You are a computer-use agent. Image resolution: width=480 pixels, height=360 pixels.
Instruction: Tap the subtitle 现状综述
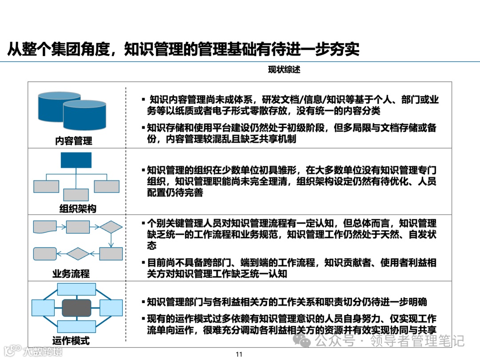click(284, 70)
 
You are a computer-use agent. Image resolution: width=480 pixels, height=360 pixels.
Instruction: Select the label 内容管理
click(74, 141)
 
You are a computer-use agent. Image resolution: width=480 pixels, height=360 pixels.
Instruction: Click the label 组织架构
click(78, 208)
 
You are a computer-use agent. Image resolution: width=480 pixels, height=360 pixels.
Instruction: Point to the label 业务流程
click(71, 274)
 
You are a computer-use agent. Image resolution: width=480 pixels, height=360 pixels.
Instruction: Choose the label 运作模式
click(71, 341)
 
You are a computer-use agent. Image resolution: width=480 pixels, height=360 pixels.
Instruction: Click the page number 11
click(239, 354)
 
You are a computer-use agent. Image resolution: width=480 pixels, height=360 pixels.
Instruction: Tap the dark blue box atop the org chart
click(76, 160)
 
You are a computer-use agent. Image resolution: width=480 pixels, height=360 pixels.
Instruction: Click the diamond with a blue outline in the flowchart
click(111, 227)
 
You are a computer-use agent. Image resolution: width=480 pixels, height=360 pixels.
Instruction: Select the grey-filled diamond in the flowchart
click(78, 253)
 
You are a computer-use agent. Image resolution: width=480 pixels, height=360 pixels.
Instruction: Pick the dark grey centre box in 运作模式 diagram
click(76, 308)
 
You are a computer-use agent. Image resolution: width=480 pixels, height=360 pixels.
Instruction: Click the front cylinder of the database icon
click(84, 115)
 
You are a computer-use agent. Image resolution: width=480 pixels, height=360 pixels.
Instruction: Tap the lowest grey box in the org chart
click(76, 195)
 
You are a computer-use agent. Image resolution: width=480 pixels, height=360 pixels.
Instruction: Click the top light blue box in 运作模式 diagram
click(76, 289)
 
